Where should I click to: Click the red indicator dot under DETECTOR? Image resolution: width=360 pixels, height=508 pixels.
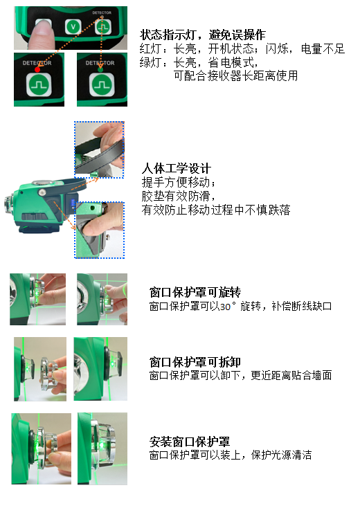pyautogui.click(x=37, y=69)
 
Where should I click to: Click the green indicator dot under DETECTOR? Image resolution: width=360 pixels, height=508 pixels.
pyautogui.click(x=100, y=69)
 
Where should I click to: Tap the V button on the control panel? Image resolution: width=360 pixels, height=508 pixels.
pyautogui.click(x=73, y=26)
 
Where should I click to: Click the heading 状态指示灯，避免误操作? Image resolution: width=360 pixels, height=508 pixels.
pyautogui.click(x=203, y=35)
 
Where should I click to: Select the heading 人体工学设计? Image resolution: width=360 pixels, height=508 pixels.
pyautogui.click(x=177, y=168)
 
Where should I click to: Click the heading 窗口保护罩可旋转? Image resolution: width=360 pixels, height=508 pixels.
pyautogui.click(x=195, y=292)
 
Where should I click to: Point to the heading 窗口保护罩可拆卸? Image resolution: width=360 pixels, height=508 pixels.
pyautogui.click(x=195, y=361)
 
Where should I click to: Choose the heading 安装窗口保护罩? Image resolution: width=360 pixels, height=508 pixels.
pyautogui.click(x=190, y=442)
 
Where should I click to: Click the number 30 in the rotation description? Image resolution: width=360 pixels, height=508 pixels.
pyautogui.click(x=225, y=307)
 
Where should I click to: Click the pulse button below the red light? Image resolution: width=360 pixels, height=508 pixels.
pyautogui.click(x=39, y=85)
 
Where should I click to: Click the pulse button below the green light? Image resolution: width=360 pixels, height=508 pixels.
pyautogui.click(x=102, y=84)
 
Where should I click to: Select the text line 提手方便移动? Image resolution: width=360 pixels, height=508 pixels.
pyautogui.click(x=178, y=183)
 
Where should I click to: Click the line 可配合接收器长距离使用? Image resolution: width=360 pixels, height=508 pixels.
pyautogui.click(x=235, y=75)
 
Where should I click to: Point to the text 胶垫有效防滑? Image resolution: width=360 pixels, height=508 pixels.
pyautogui.click(x=178, y=196)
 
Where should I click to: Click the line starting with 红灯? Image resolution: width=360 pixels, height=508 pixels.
pyautogui.click(x=242, y=48)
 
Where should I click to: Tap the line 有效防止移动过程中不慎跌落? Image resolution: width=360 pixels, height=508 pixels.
pyautogui.click(x=216, y=210)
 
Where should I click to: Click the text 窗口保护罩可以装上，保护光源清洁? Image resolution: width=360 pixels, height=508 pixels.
pyautogui.click(x=231, y=455)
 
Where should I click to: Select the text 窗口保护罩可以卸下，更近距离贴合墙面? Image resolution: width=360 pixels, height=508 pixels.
pyautogui.click(x=240, y=375)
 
